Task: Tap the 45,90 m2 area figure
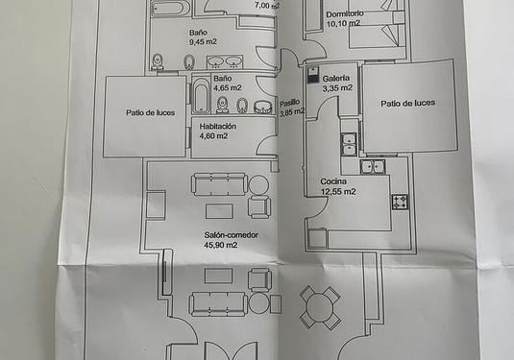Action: (x=220, y=245)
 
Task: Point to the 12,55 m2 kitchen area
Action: (x=338, y=191)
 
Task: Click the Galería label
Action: (x=336, y=78)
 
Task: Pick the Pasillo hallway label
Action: (x=290, y=103)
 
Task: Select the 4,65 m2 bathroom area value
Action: (x=228, y=88)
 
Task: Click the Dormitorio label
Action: (x=345, y=14)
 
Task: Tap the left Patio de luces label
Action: (x=146, y=112)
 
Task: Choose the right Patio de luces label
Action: (x=407, y=103)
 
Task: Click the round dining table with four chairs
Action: (x=319, y=308)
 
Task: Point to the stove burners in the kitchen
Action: (x=400, y=202)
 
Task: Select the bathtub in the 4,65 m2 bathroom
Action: (x=200, y=97)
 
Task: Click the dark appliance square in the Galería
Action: (x=311, y=73)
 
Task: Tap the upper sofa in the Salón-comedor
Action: (x=219, y=183)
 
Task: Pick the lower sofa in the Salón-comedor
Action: (x=218, y=304)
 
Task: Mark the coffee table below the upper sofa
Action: (x=219, y=210)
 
